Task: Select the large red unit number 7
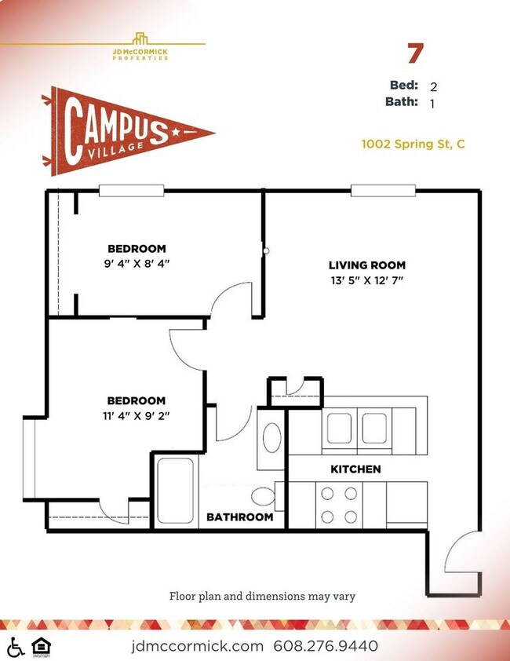click(x=415, y=53)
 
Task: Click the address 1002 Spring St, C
click(x=413, y=144)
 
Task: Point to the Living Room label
click(x=367, y=265)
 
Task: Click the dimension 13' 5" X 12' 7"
click(x=367, y=280)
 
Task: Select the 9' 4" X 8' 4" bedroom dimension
click(x=137, y=264)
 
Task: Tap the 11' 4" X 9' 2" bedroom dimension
click(x=137, y=415)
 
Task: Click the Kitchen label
click(x=355, y=469)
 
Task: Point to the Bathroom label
click(x=240, y=517)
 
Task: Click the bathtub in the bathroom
click(x=175, y=491)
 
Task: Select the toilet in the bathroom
click(x=264, y=496)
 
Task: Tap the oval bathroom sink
click(x=271, y=437)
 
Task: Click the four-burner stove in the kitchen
click(x=339, y=505)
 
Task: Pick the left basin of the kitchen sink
click(x=339, y=429)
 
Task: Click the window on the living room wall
click(x=383, y=191)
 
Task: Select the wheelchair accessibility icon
click(x=16, y=647)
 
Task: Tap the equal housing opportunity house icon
click(x=42, y=647)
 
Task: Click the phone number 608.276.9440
click(x=326, y=646)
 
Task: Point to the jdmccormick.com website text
click(x=197, y=646)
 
